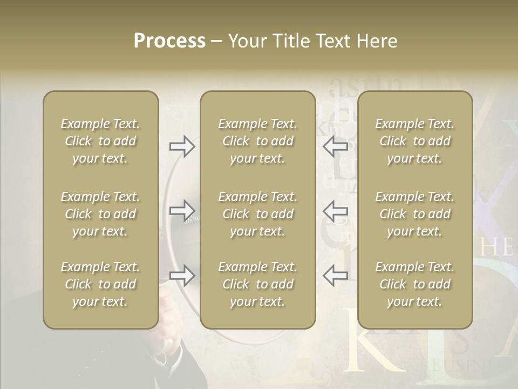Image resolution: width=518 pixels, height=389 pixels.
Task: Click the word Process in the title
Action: [x=169, y=41]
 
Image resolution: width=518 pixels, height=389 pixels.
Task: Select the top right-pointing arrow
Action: [x=182, y=146]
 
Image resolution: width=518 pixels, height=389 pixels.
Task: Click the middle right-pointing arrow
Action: [x=182, y=210]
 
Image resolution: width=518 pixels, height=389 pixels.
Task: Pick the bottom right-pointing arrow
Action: [x=182, y=276]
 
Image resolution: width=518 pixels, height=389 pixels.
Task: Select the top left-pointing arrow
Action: [x=335, y=146]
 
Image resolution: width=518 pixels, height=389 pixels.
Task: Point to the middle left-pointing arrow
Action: [x=335, y=210]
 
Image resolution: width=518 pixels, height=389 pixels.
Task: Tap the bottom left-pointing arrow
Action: [x=335, y=276]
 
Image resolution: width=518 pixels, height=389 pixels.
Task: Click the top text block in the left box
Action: [x=100, y=141]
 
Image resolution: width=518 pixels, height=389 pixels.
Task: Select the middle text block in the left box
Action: [x=100, y=214]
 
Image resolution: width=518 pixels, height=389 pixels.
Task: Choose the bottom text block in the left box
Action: [x=100, y=284]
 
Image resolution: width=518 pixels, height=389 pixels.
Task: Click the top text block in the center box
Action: [x=258, y=141]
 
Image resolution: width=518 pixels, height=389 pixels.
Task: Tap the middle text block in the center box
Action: [x=258, y=214]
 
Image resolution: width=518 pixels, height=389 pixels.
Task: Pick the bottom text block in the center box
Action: [x=258, y=284]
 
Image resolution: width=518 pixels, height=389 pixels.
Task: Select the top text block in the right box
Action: [x=415, y=141]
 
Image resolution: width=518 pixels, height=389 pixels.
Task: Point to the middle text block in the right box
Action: [x=415, y=214]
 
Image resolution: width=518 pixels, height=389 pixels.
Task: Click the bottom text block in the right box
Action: [x=415, y=284]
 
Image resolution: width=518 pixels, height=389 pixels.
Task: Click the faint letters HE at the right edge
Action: [x=496, y=248]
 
